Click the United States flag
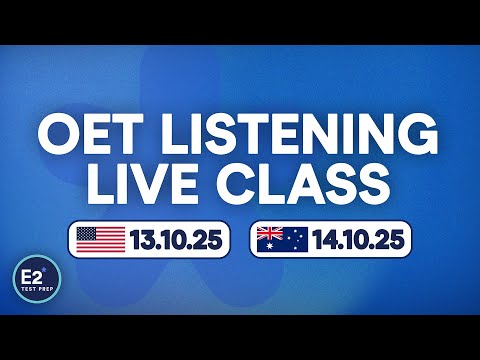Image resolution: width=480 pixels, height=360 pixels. [x=101, y=240]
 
